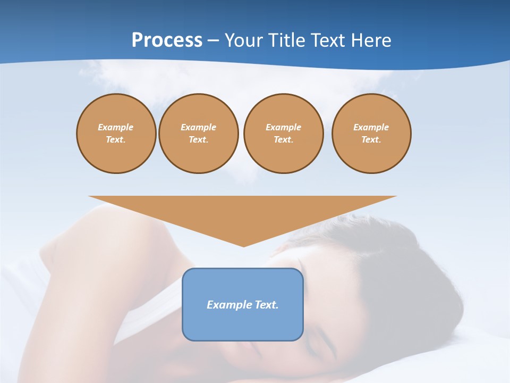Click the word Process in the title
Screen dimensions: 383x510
pos(167,40)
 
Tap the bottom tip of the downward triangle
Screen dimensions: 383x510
pos(243,246)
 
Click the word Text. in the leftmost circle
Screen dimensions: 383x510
pos(116,140)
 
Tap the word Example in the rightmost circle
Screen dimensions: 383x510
pos(371,127)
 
